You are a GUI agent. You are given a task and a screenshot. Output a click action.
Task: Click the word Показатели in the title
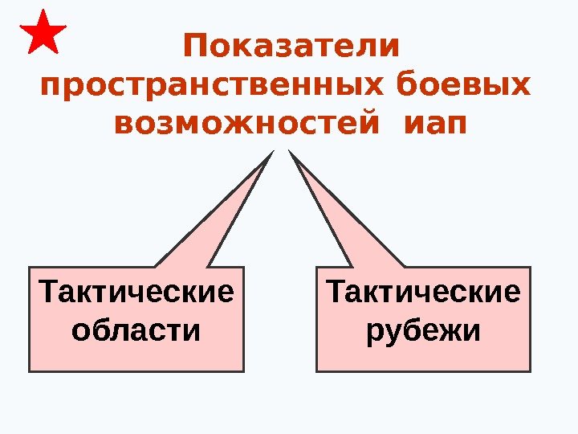coord(291,46)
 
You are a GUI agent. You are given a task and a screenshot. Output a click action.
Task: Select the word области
coord(136,330)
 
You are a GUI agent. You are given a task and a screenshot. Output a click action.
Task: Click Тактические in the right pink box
coord(423,291)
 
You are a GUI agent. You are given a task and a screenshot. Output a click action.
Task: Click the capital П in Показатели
coord(195,46)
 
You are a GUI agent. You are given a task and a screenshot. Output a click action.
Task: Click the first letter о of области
coord(80,330)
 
